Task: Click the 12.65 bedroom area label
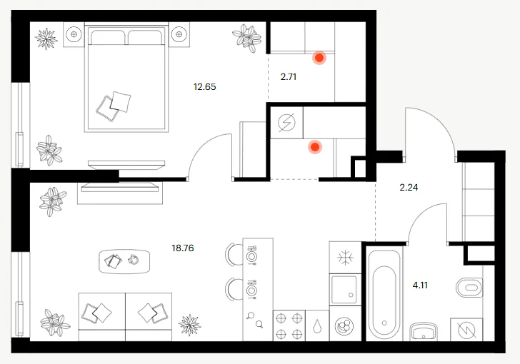click(x=204, y=87)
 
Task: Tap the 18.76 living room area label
click(x=183, y=248)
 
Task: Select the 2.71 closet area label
click(x=289, y=77)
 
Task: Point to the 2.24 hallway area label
click(x=409, y=188)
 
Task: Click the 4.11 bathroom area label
click(x=420, y=285)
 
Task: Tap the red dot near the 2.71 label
click(x=319, y=58)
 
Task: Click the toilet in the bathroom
click(x=469, y=288)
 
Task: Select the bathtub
click(x=384, y=295)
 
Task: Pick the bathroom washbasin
click(x=424, y=331)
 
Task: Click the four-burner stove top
click(x=289, y=326)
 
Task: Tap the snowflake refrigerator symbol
click(x=345, y=258)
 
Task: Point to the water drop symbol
click(x=318, y=326)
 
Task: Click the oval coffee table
click(x=124, y=261)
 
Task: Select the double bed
click(x=126, y=78)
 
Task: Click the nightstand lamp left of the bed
click(x=74, y=34)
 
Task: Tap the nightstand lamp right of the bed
click(x=179, y=34)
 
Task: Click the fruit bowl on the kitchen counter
click(x=344, y=325)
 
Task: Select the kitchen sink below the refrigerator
click(x=345, y=289)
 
